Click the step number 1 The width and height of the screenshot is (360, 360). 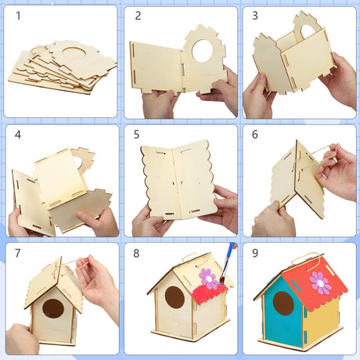(x=18, y=16)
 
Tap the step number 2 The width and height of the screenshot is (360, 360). (x=138, y=16)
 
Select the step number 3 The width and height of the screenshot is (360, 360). (x=255, y=16)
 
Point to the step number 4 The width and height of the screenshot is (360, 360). (x=18, y=135)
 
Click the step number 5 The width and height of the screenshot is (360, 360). (x=136, y=135)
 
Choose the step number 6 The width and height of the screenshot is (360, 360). (x=255, y=135)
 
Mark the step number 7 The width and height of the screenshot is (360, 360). (x=18, y=253)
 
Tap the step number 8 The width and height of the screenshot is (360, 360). (x=136, y=254)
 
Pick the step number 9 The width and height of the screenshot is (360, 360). (x=255, y=253)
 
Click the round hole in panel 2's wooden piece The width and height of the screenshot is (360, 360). (x=203, y=51)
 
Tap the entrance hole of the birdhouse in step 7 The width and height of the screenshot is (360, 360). (x=53, y=308)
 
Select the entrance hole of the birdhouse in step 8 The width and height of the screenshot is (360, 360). (x=175, y=297)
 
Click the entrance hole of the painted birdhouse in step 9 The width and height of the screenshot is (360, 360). (x=283, y=303)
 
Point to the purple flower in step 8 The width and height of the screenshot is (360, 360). (x=208, y=279)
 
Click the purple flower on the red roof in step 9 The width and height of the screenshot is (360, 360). (x=320, y=283)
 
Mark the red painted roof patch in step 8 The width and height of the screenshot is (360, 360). (x=209, y=293)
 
